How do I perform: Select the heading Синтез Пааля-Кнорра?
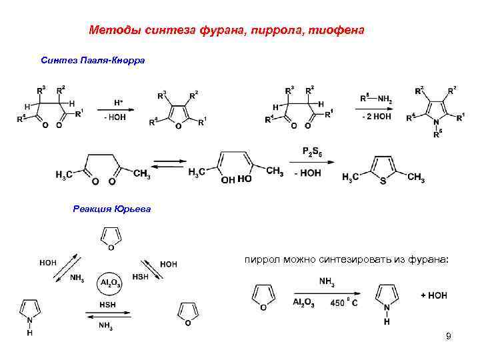93,60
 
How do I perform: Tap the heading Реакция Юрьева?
112,209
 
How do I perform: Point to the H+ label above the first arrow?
118,103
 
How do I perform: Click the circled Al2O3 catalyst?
109,283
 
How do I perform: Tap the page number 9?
449,336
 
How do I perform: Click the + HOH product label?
433,295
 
